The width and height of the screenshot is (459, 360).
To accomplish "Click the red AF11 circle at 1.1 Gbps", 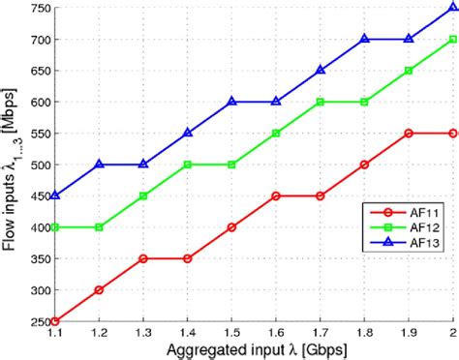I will (x=56, y=321).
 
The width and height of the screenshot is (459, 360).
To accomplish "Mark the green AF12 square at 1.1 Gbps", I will (x=56, y=227).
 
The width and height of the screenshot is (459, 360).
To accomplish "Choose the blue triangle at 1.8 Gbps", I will (x=365, y=40).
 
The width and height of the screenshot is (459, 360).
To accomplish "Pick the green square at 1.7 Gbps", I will (x=321, y=102).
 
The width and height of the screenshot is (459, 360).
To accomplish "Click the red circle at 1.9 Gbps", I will (x=409, y=133).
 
